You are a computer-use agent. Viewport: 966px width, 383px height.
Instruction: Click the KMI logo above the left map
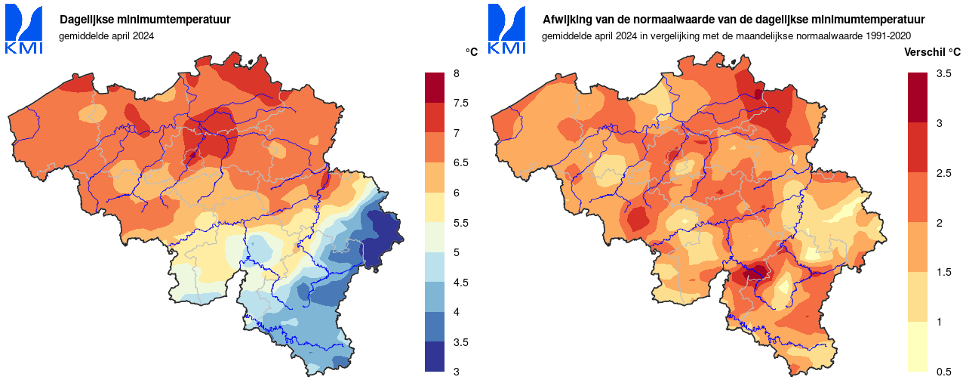(x=24, y=29)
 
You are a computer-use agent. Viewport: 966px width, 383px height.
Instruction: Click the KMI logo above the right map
(x=507, y=29)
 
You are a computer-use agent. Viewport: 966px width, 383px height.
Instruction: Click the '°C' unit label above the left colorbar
(x=472, y=52)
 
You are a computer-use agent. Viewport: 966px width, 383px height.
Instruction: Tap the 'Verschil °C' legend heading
(x=932, y=52)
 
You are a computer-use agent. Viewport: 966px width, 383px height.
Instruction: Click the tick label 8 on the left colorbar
(x=457, y=73)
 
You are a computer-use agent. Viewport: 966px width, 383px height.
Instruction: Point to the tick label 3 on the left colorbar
(x=457, y=372)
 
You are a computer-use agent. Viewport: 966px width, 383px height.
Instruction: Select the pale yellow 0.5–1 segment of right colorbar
(x=918, y=347)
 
